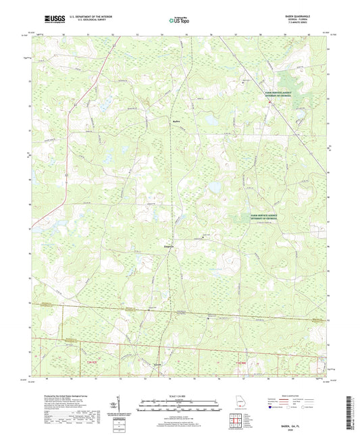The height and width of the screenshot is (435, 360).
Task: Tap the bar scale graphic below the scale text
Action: pyautogui.click(x=180, y=404)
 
